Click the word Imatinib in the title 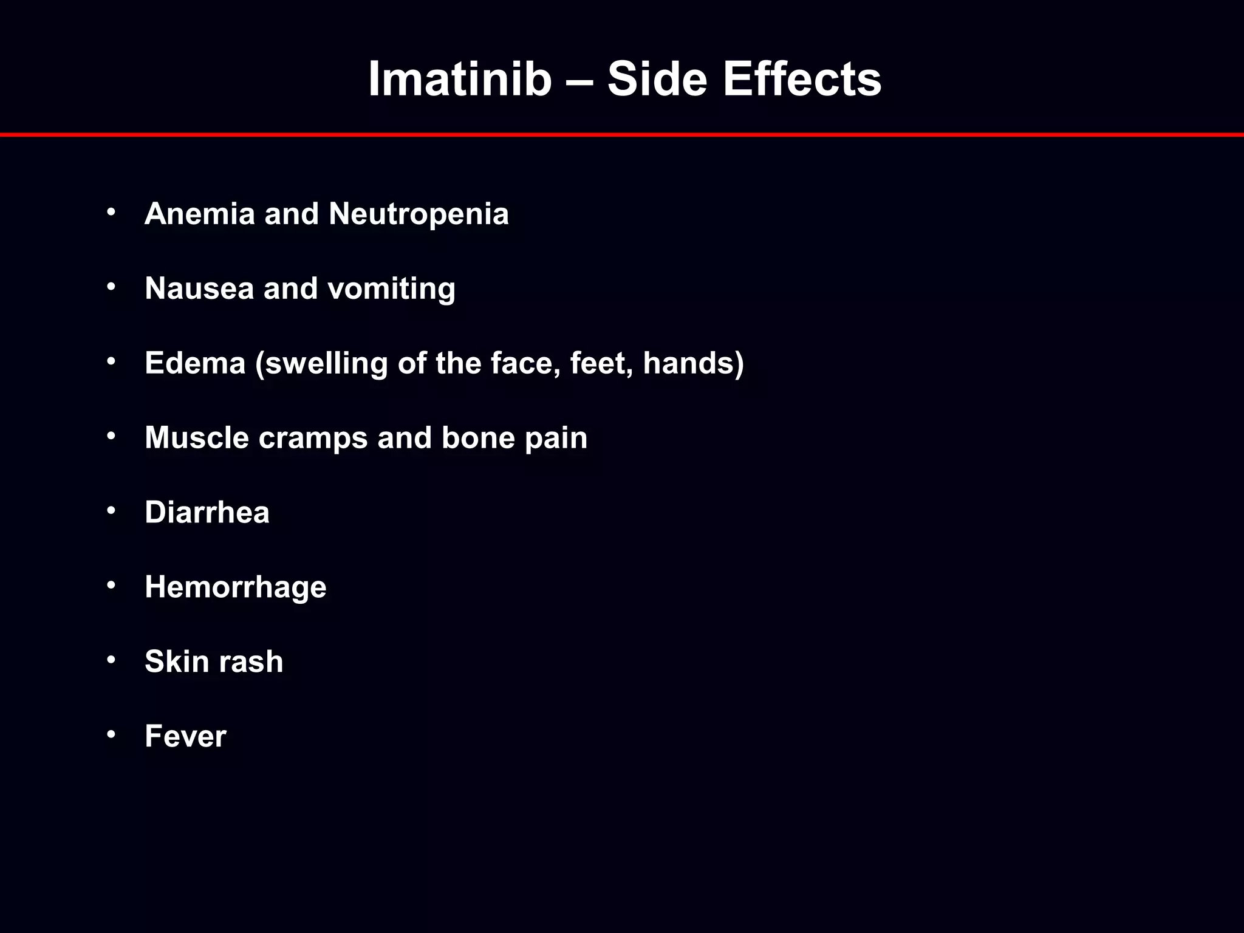pyautogui.click(x=459, y=79)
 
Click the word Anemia pyautogui.click(x=200, y=214)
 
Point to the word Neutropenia pyautogui.click(x=419, y=214)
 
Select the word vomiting pyautogui.click(x=391, y=289)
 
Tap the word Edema pyautogui.click(x=195, y=363)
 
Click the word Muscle pyautogui.click(x=197, y=437)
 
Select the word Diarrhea pyautogui.click(x=207, y=512)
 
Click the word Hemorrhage pyautogui.click(x=236, y=587)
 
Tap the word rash pyautogui.click(x=250, y=661)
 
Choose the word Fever pyautogui.click(x=185, y=736)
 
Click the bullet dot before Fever pyautogui.click(x=111, y=734)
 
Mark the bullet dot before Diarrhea pyautogui.click(x=111, y=510)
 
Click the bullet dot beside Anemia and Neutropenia pyautogui.click(x=111, y=212)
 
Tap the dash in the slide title pyautogui.click(x=579, y=80)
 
